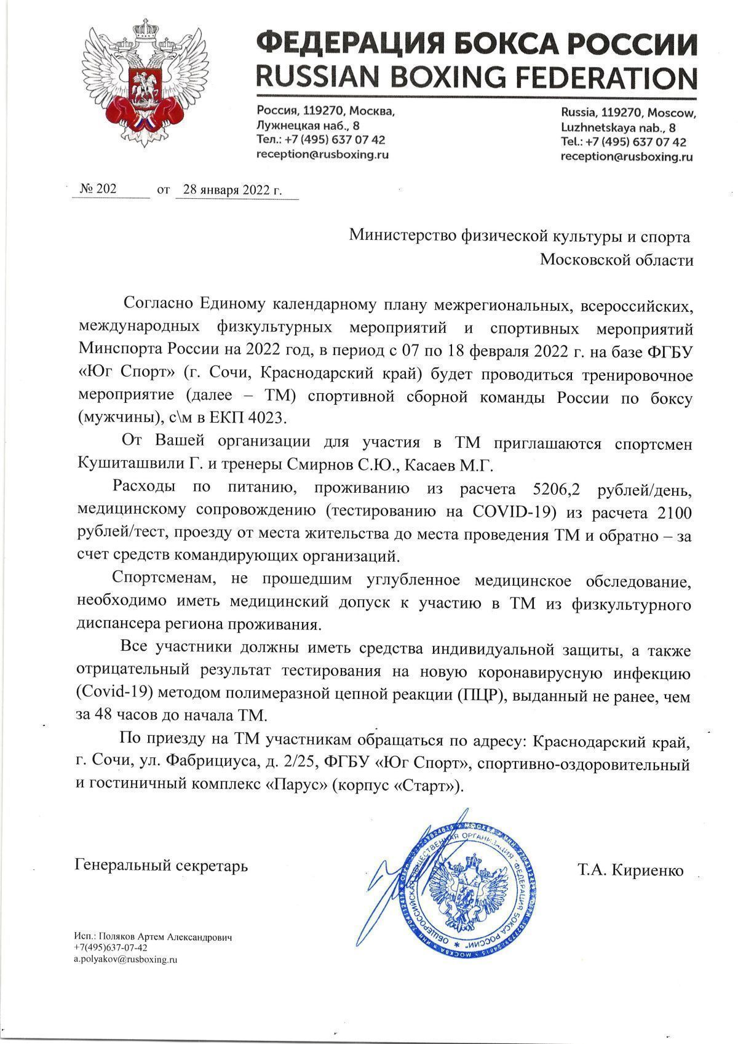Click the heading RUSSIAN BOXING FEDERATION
tap(476, 78)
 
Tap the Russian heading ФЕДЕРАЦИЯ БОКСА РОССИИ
tap(476, 44)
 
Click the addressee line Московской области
tap(616, 260)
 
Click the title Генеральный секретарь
tap(161, 866)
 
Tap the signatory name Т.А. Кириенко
tap(630, 871)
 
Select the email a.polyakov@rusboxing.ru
tap(125, 959)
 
